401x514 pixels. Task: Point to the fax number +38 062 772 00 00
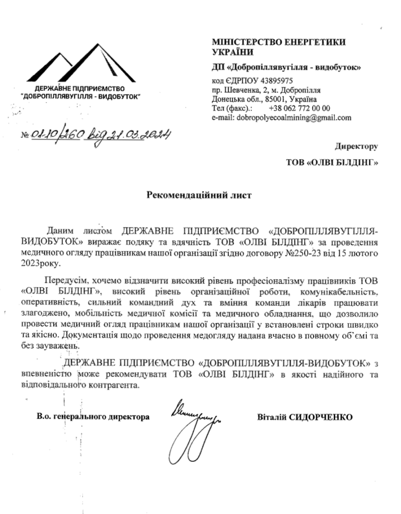click(x=300, y=108)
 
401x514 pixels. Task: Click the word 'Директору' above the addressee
click(x=356, y=147)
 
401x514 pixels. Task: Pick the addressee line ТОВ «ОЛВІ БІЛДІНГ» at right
click(x=331, y=163)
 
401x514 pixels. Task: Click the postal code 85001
click(x=270, y=99)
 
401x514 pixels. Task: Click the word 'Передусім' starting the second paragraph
click(x=62, y=279)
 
